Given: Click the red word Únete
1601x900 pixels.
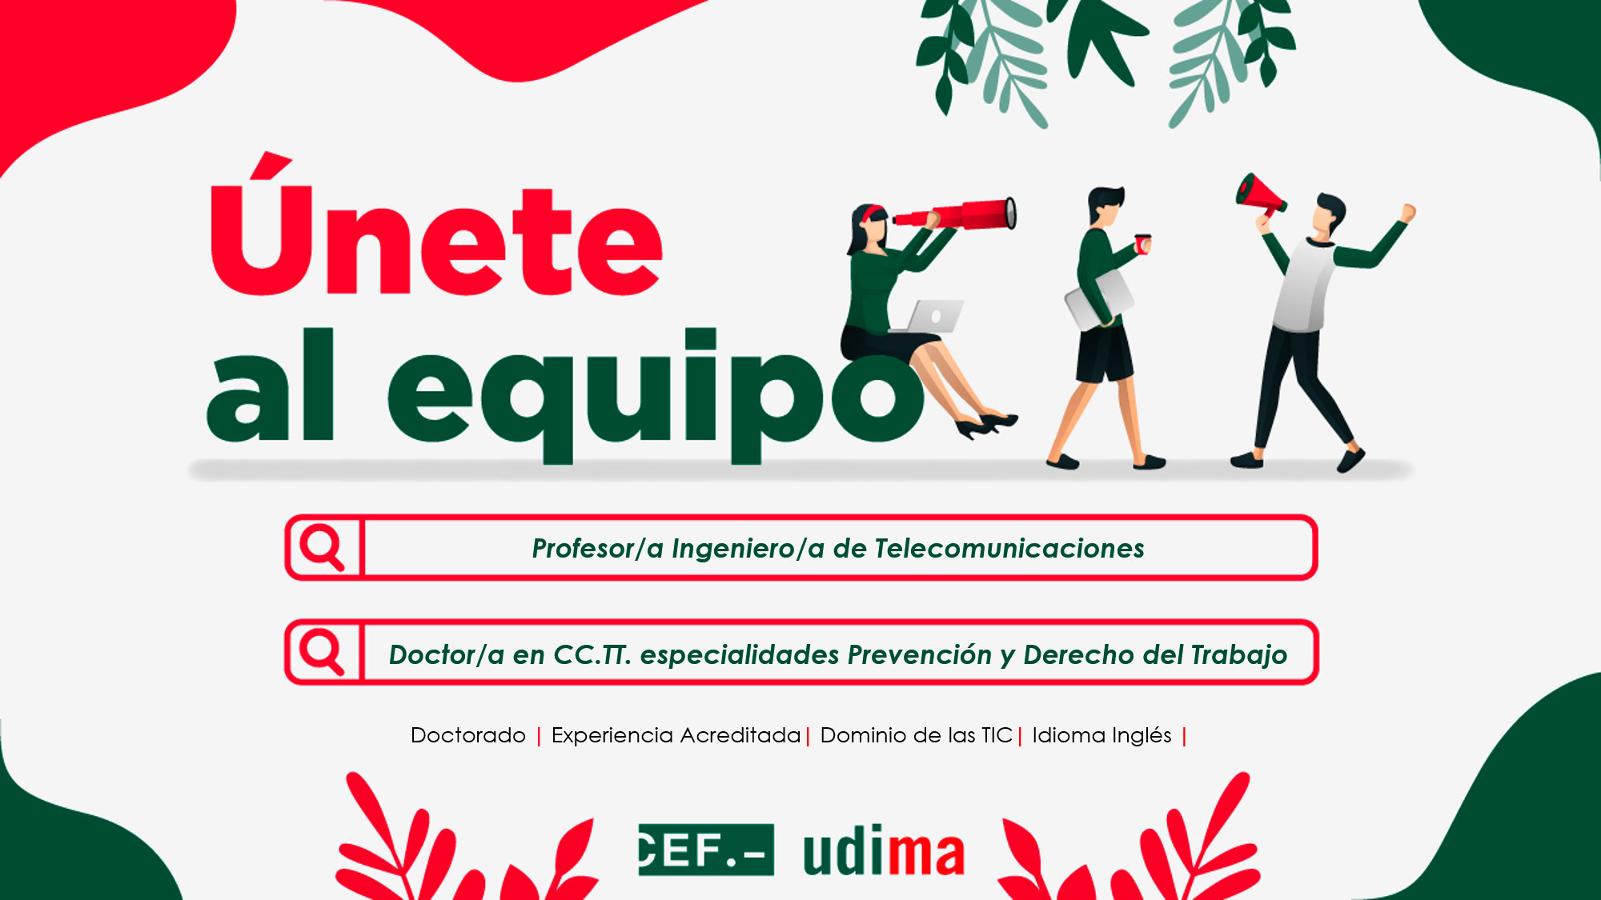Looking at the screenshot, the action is pos(436,226).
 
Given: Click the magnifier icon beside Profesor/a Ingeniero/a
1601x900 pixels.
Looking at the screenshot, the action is pos(322,547).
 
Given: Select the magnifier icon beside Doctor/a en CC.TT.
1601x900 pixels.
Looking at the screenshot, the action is pos(322,652).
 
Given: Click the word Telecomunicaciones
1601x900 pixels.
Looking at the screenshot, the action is pos(1009,549).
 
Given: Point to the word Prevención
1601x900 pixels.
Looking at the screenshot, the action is pos(920,654).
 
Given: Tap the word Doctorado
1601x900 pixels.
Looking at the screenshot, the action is pos(468,735).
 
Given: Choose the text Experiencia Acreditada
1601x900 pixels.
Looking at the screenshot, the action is pos(676,735).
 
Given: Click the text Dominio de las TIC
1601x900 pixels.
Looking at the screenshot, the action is pos(917,735).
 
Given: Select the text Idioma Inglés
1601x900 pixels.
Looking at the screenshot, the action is pos(1101,735).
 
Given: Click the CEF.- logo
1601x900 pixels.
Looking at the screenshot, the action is pos(706,850).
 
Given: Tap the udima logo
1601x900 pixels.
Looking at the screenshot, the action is pos(884,850).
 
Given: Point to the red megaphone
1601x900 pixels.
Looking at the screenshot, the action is pos(1260,195).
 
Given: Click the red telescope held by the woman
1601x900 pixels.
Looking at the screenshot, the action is pos(956,214).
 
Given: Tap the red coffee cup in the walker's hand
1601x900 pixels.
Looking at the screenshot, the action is pos(1143,243).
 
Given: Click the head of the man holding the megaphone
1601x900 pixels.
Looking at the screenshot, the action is pos(1329,214).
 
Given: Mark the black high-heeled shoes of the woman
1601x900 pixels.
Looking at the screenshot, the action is pos(986,425).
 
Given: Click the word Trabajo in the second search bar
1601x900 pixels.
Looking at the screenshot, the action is pos(1239,655).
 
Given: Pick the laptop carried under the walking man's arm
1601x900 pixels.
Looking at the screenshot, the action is pos(1099,300).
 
